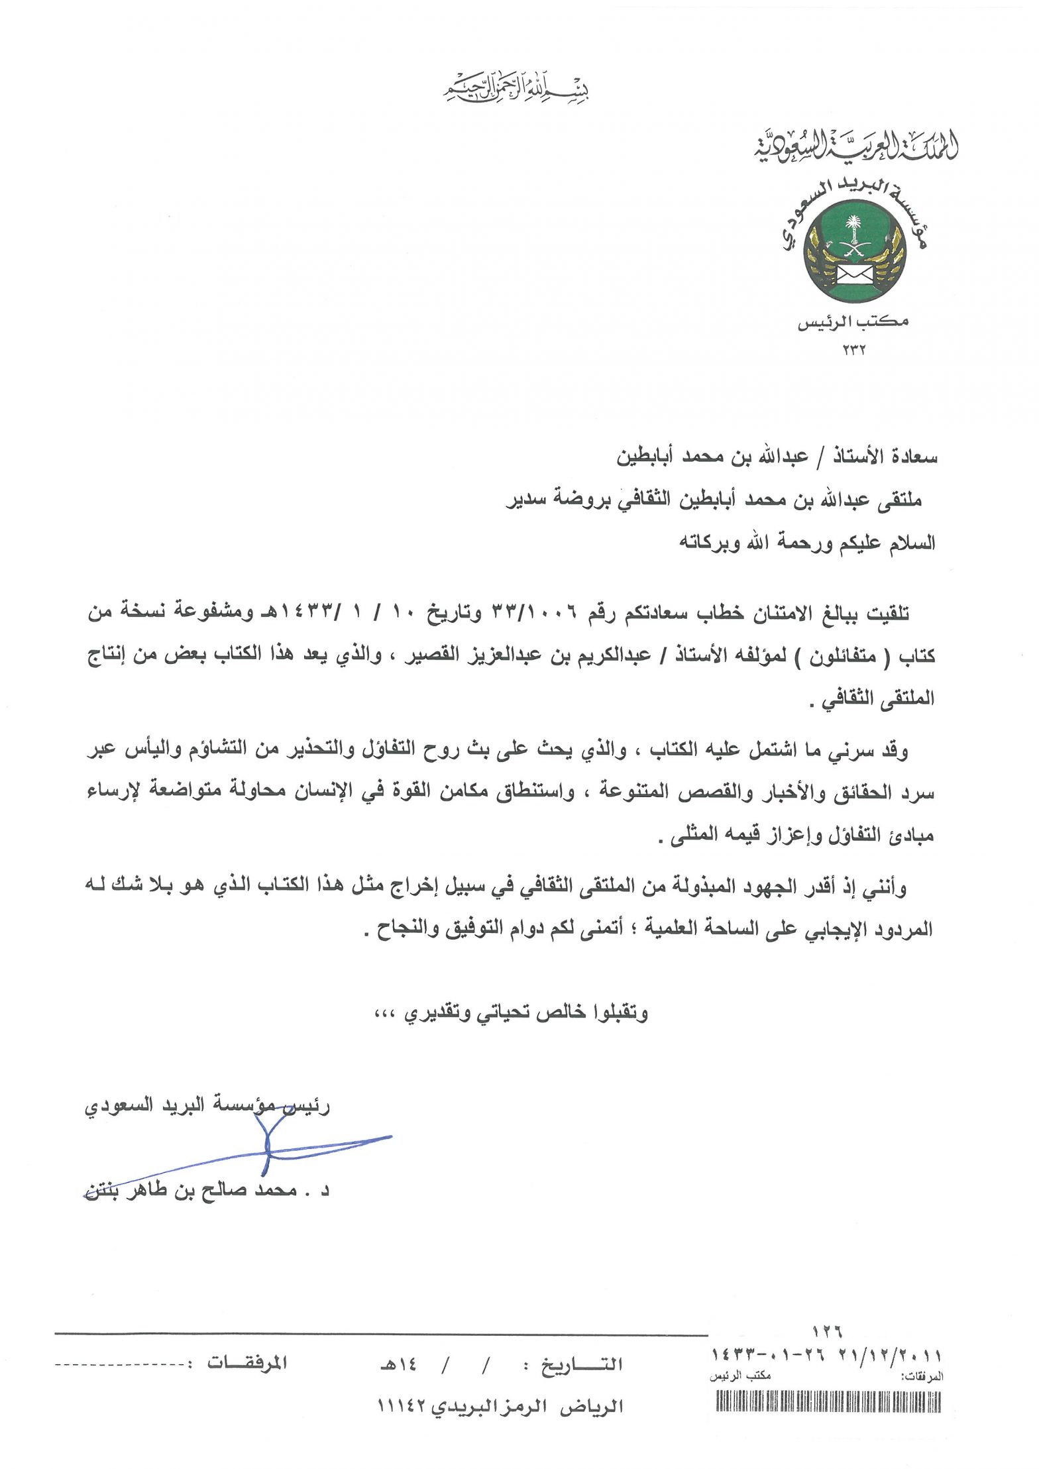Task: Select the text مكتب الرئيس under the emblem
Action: [x=853, y=322]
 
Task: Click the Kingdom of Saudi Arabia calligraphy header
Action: [x=855, y=146]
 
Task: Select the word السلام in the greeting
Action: [x=912, y=543]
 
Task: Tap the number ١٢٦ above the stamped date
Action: [x=826, y=1331]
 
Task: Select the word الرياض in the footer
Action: [x=600, y=1406]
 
